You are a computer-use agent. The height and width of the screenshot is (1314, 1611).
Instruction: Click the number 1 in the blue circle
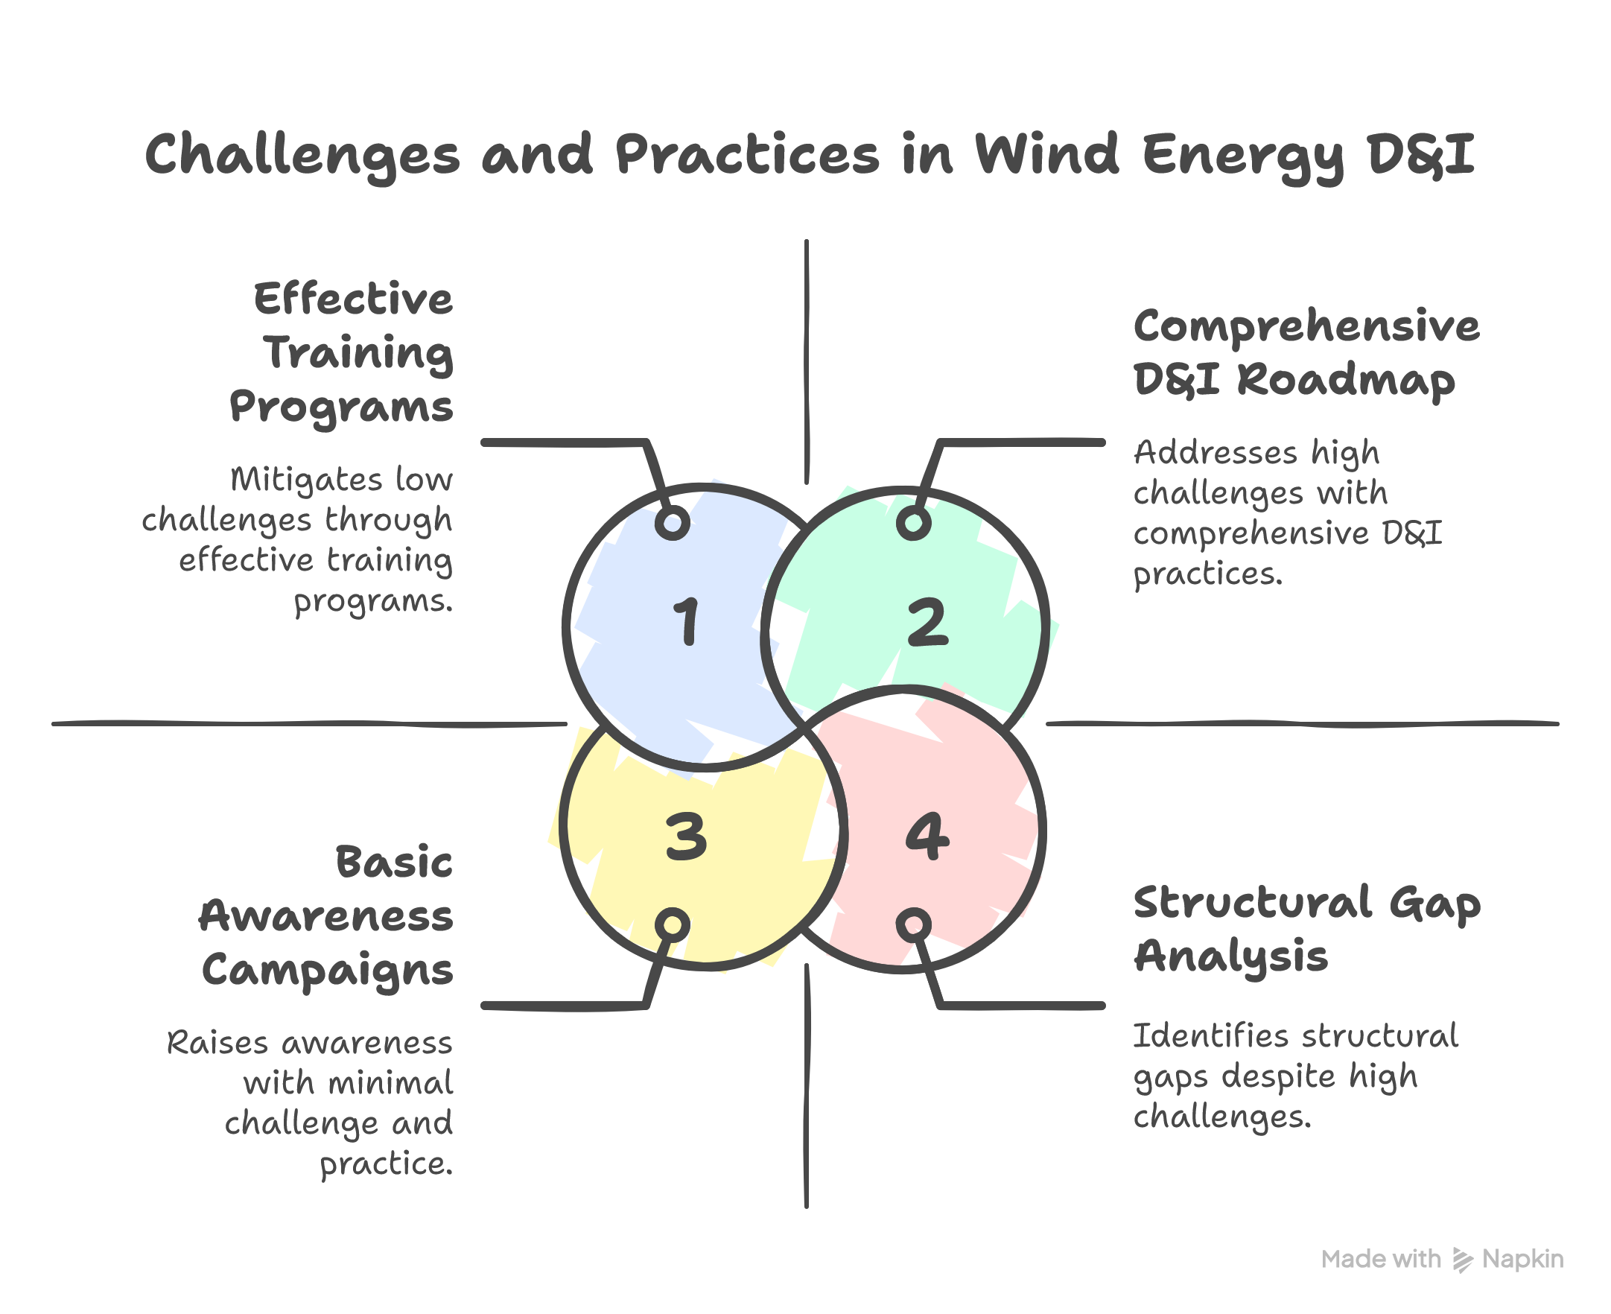click(x=685, y=621)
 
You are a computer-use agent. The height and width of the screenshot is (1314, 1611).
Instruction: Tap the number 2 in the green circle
click(x=927, y=622)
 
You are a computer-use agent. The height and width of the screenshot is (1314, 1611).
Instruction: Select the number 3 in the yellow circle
click(x=685, y=837)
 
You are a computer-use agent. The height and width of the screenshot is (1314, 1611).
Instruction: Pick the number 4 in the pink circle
click(x=927, y=837)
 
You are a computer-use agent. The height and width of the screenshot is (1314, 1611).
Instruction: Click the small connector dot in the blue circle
click(x=672, y=523)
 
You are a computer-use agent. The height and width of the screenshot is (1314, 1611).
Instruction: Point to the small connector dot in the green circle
click(x=913, y=523)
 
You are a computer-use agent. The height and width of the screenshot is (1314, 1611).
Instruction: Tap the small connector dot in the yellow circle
click(x=672, y=925)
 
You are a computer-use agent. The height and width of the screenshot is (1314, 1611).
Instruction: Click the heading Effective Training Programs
click(x=342, y=353)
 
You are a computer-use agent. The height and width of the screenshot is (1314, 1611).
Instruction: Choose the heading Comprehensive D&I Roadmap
click(x=1307, y=353)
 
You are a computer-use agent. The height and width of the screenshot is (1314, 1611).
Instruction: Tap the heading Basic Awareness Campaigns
click(x=327, y=917)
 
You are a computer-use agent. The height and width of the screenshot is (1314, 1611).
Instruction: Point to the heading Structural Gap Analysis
click(x=1307, y=929)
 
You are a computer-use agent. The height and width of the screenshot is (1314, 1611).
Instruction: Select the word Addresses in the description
click(x=1216, y=453)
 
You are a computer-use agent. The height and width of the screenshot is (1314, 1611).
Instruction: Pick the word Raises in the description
click(x=218, y=1042)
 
